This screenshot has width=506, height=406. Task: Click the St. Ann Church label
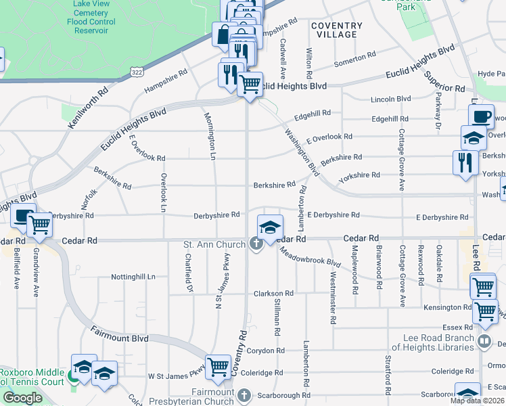215,244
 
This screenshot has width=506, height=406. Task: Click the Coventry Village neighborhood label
336,30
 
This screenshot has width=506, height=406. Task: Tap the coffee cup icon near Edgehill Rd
481,116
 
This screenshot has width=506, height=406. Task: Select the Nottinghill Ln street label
133,277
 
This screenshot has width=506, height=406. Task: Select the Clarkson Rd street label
273,294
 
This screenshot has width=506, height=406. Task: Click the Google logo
22,398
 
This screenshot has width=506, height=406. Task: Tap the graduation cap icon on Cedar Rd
269,227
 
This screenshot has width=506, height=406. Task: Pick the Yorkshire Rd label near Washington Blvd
360,175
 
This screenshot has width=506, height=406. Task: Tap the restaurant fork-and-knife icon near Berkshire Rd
465,162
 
